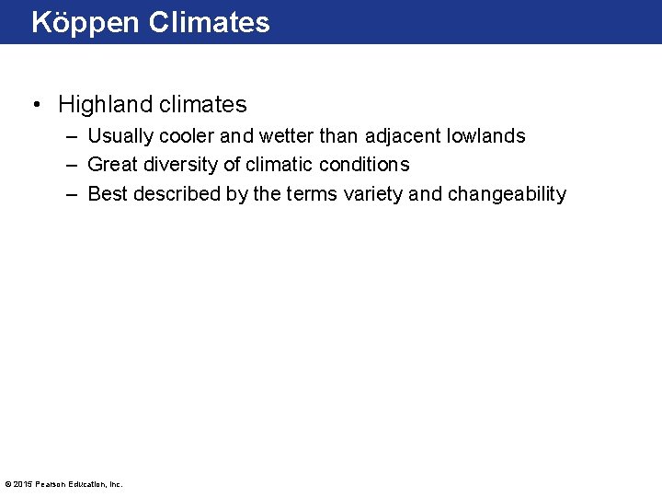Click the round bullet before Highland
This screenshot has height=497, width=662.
35,105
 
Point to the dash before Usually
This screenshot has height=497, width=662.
72,136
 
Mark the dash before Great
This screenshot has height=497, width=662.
72,165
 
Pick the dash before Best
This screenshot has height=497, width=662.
72,194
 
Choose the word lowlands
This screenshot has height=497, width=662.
485,136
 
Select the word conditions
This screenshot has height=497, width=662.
364,165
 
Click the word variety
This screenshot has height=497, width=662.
375,194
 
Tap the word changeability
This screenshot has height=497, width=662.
507,194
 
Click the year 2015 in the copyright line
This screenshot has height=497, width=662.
22,484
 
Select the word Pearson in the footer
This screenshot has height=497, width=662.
50,484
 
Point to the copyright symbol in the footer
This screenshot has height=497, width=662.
7,484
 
